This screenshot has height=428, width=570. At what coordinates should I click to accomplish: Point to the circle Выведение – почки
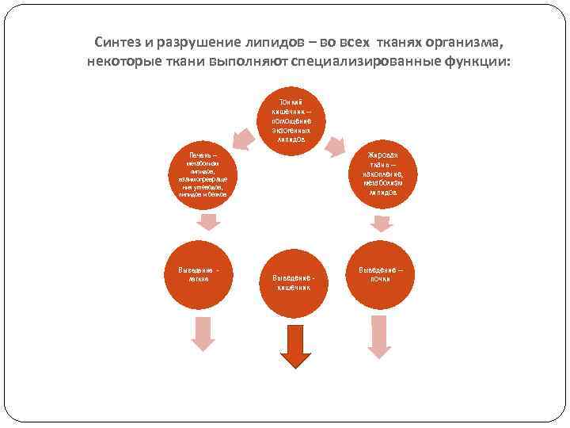(x=382, y=274)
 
